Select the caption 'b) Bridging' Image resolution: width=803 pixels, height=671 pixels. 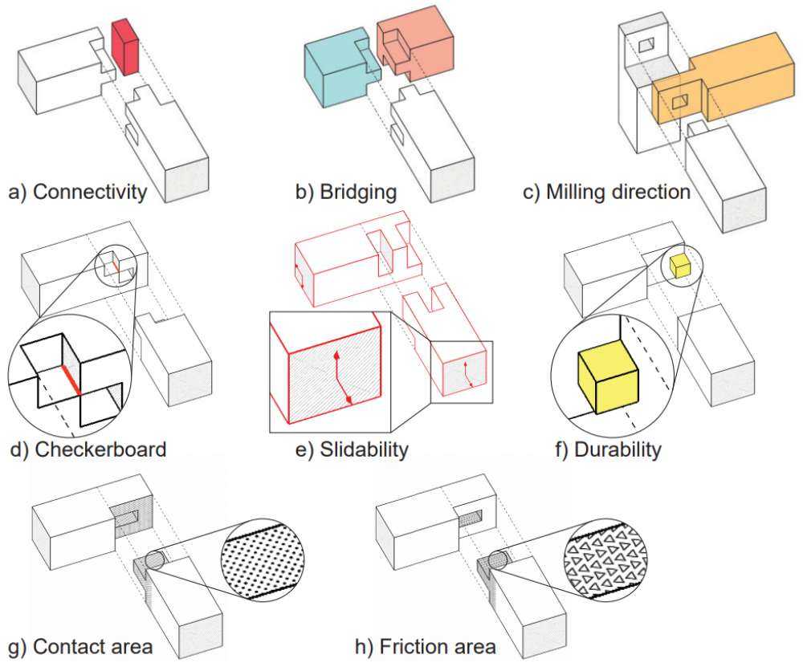(x=346, y=193)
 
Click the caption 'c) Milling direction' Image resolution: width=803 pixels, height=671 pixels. (x=607, y=193)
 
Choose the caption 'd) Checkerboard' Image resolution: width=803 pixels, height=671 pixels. (x=88, y=448)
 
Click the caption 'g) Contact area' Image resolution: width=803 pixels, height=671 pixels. (x=79, y=647)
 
